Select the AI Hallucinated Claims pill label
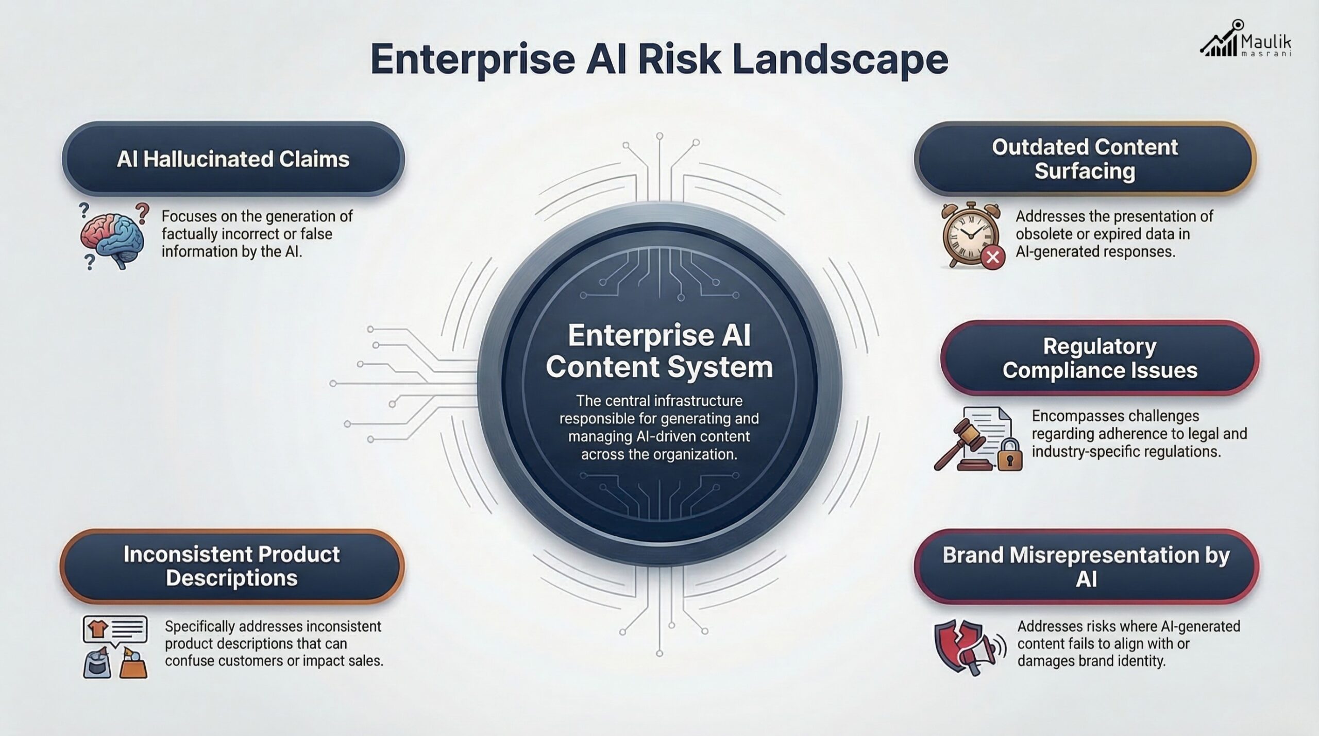click(233, 159)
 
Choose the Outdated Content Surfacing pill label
click(1085, 159)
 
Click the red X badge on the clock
click(993, 256)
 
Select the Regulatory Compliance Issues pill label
click(1100, 358)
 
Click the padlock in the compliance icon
click(1009, 456)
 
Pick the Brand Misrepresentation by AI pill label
click(1086, 567)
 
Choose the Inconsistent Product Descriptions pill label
click(232, 566)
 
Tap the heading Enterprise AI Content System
click(659, 351)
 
